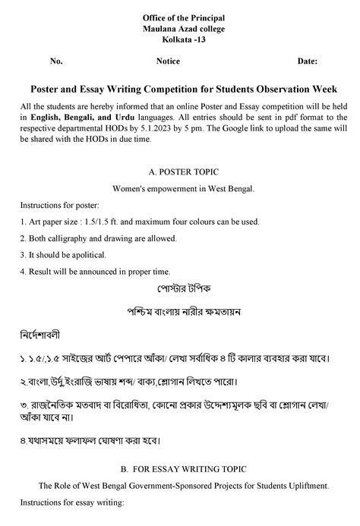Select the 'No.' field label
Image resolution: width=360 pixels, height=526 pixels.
[56, 61]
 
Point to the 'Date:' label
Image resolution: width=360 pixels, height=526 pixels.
[308, 61]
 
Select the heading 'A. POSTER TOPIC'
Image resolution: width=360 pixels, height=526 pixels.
[180, 172]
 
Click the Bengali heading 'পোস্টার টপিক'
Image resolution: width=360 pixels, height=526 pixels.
[180, 289]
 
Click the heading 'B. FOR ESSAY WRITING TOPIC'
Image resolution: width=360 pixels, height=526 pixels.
[180, 469]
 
